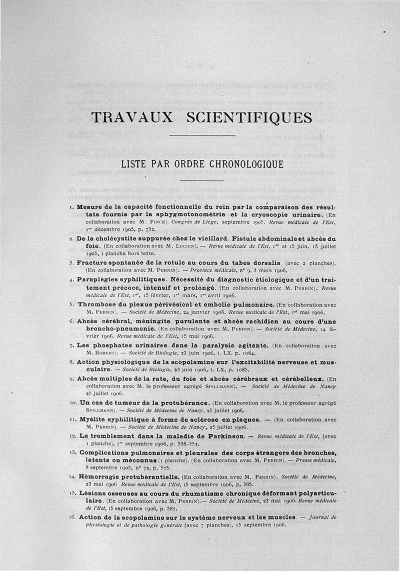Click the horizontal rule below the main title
tap(202, 135)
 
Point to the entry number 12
tap(71, 436)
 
